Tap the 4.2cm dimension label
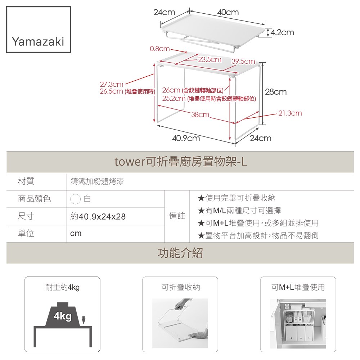(282, 33)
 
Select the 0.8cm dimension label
(159, 48)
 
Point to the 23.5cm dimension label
(210, 59)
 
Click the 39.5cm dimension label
(243, 62)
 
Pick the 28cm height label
(276, 92)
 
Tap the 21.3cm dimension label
(290, 113)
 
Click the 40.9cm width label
(186, 138)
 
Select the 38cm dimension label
(200, 115)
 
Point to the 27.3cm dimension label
(111, 85)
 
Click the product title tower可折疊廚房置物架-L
(180, 162)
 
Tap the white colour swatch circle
(76, 199)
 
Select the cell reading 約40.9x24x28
(98, 217)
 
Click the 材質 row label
(26, 181)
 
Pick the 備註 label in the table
(177, 216)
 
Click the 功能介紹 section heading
(180, 253)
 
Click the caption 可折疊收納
(180, 287)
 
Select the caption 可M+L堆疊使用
(298, 287)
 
